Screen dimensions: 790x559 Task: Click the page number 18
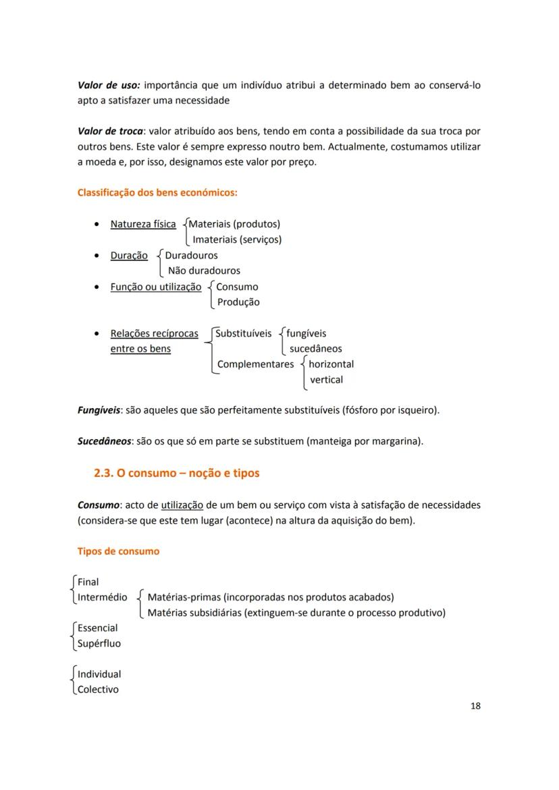point(475,706)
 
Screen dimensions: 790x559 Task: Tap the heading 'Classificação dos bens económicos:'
point(157,193)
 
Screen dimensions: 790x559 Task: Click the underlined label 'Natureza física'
point(143,224)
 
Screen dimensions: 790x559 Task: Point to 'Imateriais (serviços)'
point(237,239)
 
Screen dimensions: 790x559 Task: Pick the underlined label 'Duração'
point(129,256)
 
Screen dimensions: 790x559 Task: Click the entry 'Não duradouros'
point(204,271)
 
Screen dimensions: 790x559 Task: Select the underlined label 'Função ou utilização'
point(156,287)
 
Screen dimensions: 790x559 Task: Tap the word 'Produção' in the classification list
point(238,302)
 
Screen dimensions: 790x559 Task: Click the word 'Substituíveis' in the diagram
point(243,333)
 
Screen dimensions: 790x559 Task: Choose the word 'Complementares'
point(255,364)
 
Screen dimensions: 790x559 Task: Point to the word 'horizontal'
point(331,364)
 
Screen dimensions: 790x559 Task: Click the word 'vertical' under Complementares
point(326,380)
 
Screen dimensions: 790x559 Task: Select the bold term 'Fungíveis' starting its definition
point(99,410)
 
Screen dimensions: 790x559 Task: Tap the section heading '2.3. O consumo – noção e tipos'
point(177,474)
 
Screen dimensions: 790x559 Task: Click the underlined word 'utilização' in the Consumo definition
point(182,505)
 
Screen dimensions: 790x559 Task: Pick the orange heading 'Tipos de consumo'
point(119,551)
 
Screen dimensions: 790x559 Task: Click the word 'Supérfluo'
point(99,644)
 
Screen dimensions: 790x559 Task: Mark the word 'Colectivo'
point(98,689)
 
